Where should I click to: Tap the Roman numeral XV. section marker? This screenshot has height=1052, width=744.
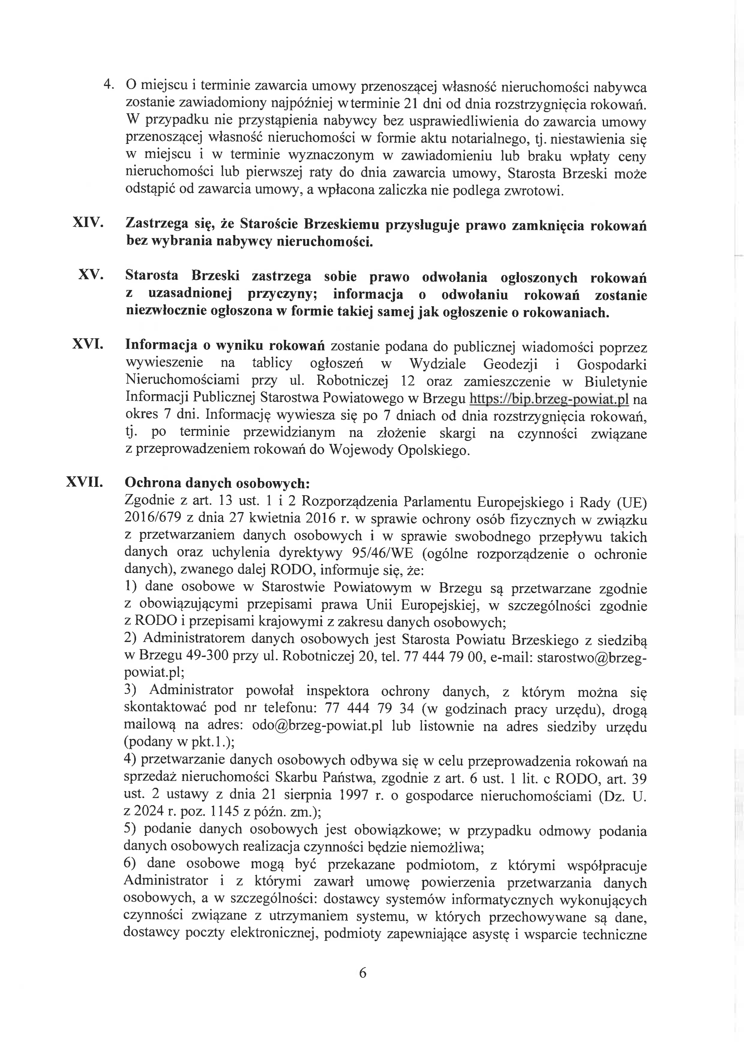pos(91,274)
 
